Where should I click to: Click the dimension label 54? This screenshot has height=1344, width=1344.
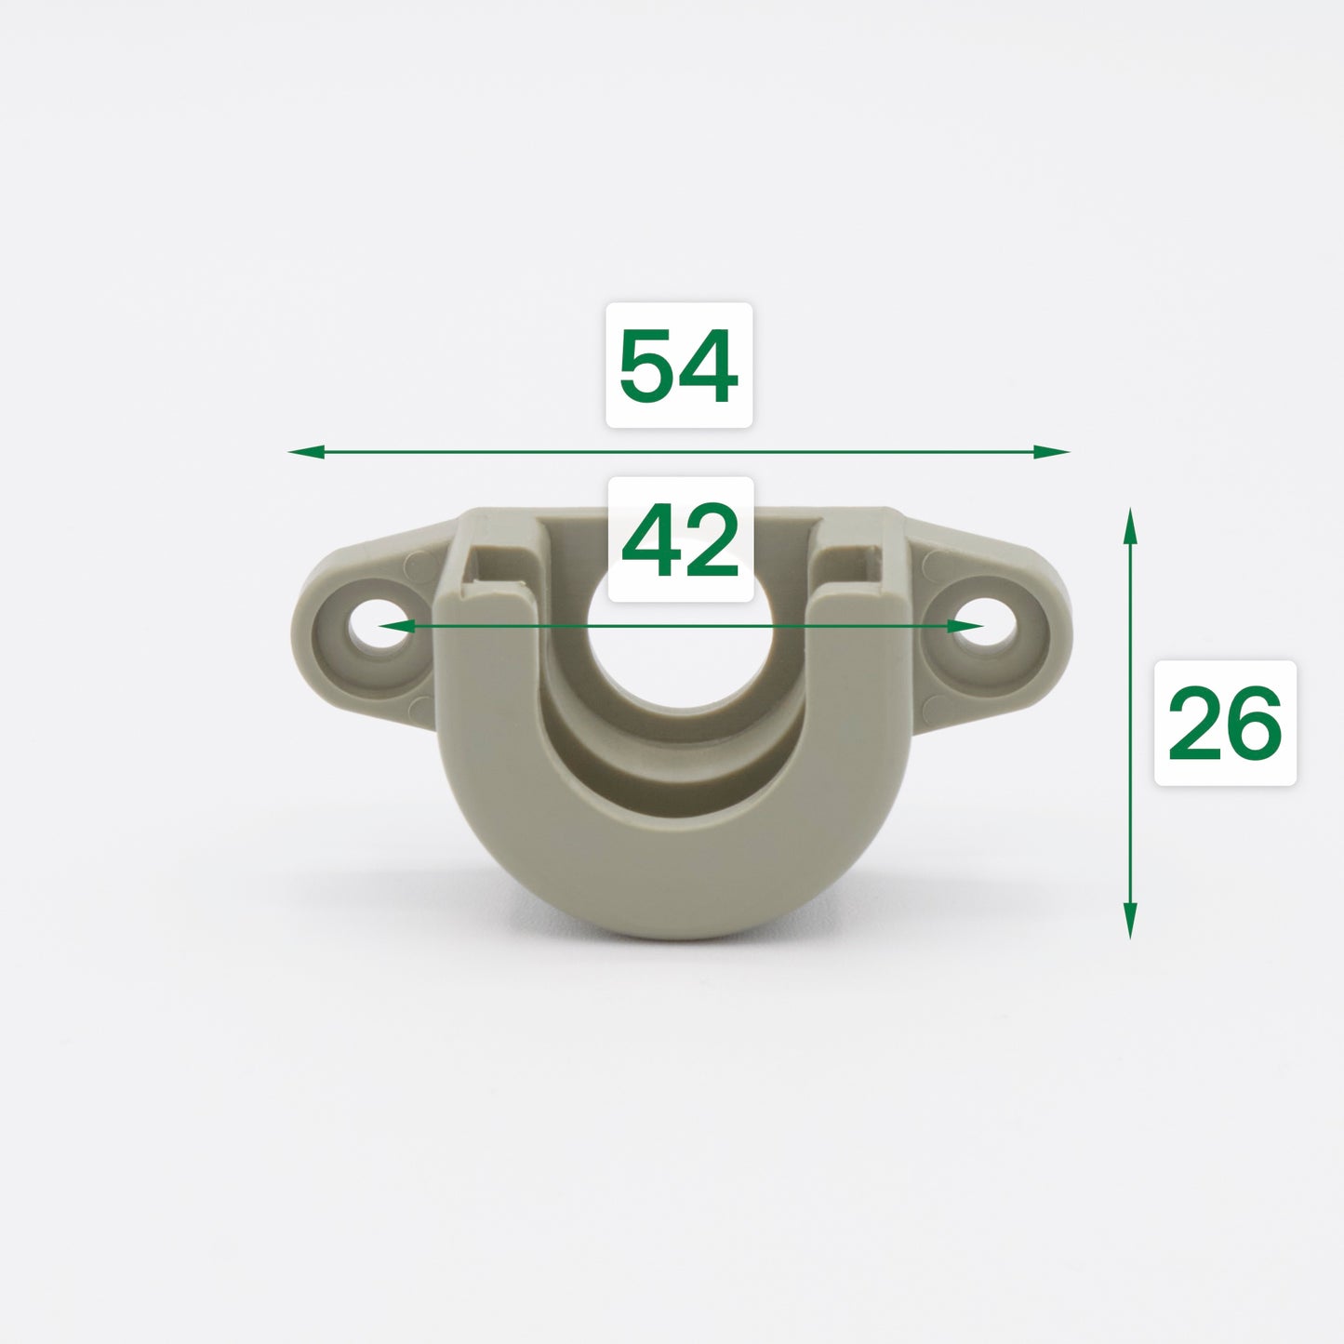[x=678, y=366]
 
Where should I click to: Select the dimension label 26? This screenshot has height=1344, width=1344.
[x=1224, y=723]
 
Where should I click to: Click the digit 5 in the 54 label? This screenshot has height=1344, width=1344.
[x=648, y=366]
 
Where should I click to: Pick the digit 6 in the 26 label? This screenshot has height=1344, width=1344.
[x=1253, y=723]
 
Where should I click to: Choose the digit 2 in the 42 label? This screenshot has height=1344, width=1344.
[x=709, y=539]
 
